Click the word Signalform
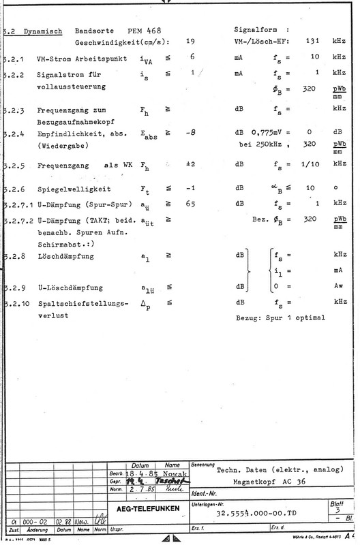pyautogui.click(x=256, y=31)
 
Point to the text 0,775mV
pyautogui.click(x=267, y=134)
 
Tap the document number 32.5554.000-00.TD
pyautogui.click(x=255, y=513)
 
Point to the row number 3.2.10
pyautogui.click(x=14, y=300)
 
